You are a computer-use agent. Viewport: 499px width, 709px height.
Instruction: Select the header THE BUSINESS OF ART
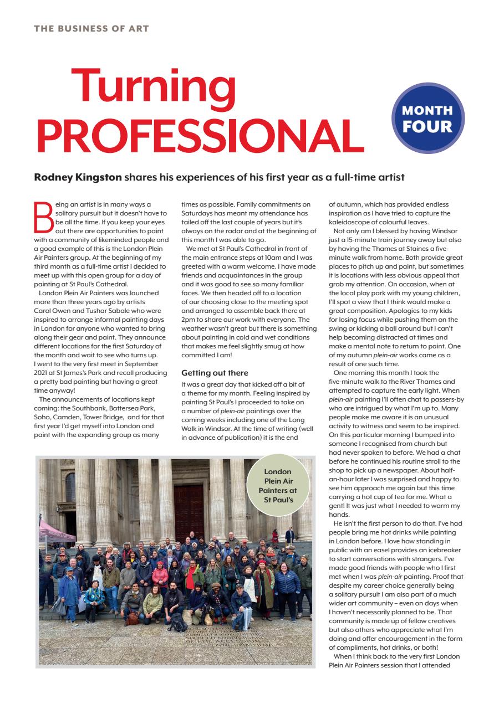(x=91, y=28)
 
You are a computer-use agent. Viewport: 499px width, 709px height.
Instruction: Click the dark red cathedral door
(x=189, y=506)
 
